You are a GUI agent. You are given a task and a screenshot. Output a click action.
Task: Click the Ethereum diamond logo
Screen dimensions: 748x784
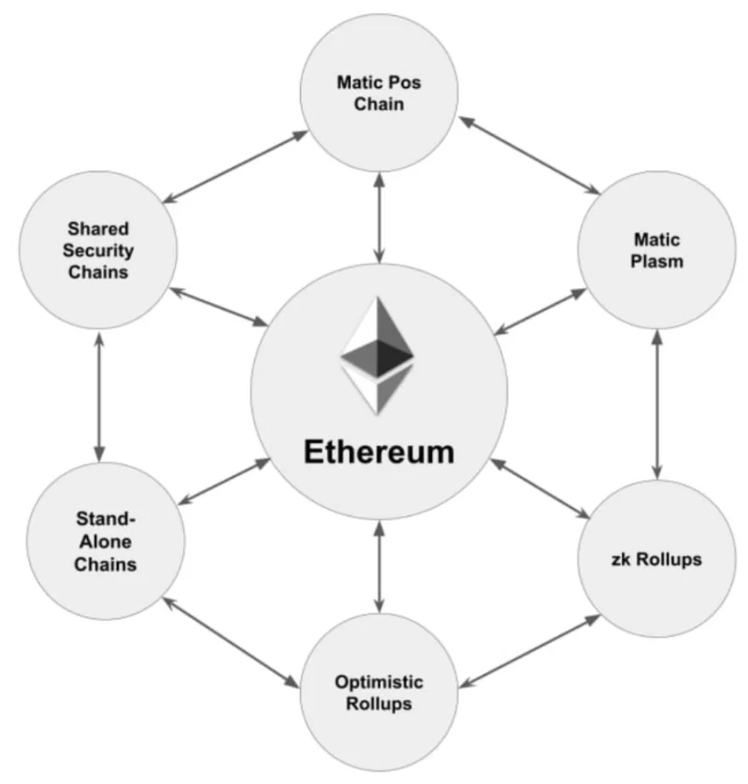click(x=377, y=356)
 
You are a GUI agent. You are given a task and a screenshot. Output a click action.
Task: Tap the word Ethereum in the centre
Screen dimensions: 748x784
click(x=380, y=452)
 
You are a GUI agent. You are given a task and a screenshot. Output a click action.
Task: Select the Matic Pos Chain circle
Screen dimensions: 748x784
click(x=380, y=93)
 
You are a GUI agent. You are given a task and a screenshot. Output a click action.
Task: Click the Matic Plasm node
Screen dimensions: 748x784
click(x=656, y=250)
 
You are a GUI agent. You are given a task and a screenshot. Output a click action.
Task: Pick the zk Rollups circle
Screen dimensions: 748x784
click(x=656, y=559)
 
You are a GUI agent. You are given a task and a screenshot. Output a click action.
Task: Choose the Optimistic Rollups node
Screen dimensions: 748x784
click(x=380, y=692)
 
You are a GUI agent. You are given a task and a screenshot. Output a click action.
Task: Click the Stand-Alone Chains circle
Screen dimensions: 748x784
click(x=106, y=541)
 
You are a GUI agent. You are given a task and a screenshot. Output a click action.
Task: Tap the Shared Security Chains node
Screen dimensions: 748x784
click(x=98, y=250)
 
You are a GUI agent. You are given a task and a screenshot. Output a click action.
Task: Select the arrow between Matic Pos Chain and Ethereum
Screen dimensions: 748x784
click(x=380, y=219)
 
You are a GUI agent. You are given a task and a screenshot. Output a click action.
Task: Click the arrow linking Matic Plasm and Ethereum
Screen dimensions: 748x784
click(x=540, y=312)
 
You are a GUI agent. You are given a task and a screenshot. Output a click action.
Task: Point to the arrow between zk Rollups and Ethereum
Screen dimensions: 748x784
click(x=540, y=488)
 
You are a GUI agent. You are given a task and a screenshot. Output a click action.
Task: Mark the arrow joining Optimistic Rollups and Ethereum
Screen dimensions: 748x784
click(x=380, y=567)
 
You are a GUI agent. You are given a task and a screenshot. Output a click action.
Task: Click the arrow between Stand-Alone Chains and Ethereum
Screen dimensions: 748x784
click(x=223, y=481)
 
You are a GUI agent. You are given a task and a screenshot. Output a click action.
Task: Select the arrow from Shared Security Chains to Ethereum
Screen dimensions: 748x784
click(x=220, y=307)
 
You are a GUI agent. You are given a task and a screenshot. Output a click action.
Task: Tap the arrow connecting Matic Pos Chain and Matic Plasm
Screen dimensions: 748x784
click(x=529, y=155)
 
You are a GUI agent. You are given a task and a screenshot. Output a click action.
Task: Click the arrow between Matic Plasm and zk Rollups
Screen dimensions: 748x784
click(x=657, y=404)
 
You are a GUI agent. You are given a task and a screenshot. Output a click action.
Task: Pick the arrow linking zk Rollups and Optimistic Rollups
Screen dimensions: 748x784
click(x=530, y=651)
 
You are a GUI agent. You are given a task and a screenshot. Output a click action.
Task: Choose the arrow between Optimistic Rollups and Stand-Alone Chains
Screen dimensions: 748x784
click(x=231, y=642)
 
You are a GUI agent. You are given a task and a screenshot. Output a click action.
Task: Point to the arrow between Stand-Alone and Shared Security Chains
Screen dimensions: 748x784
click(x=99, y=397)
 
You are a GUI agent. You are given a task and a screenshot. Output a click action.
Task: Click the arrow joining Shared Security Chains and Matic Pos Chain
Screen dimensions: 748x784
click(x=236, y=167)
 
